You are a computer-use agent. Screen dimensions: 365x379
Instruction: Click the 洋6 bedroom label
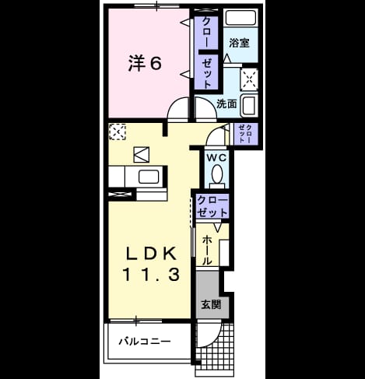(145, 64)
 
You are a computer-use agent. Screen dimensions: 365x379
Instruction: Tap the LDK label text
(152, 253)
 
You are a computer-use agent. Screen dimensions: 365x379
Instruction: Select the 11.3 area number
(151, 275)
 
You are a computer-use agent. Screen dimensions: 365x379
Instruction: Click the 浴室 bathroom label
(239, 43)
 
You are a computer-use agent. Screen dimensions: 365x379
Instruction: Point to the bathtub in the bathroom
(240, 17)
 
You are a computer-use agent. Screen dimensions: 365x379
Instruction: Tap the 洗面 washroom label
(226, 104)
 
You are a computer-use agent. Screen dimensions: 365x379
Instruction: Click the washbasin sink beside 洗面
(249, 106)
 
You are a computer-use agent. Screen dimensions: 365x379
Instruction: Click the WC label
(216, 158)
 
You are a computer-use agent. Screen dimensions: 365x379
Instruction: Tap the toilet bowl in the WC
(217, 174)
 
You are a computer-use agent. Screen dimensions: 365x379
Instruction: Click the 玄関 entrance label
(212, 304)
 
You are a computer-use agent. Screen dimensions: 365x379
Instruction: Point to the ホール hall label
(207, 250)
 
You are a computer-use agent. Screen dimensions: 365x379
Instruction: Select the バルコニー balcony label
(145, 341)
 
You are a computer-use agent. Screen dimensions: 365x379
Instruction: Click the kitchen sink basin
(149, 177)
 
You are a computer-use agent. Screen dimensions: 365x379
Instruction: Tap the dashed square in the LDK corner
(118, 132)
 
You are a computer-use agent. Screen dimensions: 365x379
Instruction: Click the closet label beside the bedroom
(207, 53)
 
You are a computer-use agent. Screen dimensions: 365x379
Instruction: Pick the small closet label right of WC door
(245, 134)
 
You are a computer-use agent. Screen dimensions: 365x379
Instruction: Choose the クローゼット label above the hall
(212, 207)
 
